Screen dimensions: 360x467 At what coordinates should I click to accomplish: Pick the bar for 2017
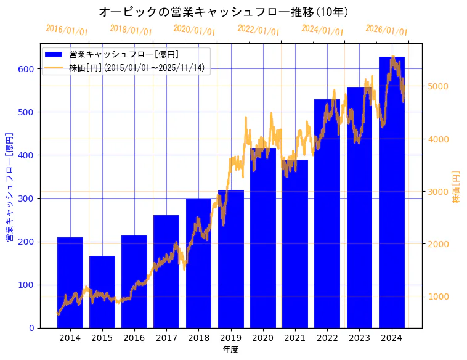click(166, 271)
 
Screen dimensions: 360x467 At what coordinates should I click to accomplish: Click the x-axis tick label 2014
click(70, 338)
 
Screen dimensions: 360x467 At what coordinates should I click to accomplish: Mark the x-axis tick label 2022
click(327, 338)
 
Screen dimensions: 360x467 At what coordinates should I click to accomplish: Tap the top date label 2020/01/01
click(195, 30)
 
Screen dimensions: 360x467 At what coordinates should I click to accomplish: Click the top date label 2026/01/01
click(386, 30)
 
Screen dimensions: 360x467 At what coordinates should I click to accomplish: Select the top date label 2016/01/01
click(67, 30)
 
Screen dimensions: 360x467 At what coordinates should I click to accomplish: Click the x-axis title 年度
click(231, 350)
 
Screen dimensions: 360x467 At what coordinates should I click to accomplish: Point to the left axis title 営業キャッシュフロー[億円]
click(9, 186)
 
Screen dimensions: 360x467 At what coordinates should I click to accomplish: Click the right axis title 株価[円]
click(457, 186)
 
